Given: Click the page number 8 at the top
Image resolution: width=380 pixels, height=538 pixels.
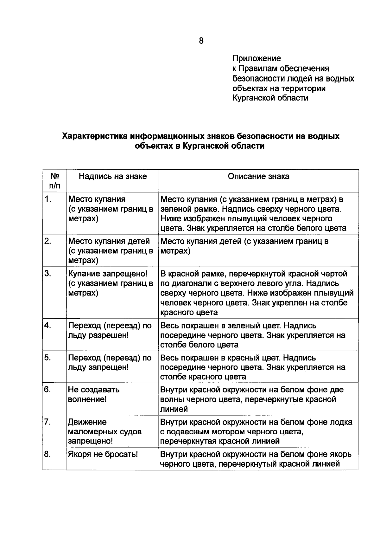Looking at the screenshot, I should pos(201,41).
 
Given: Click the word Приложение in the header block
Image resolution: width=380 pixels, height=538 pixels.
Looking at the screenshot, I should pos(256,58).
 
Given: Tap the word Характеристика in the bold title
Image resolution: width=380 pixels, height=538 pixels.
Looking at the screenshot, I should pos(94,136).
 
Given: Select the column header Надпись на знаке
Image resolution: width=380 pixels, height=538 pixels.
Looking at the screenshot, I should pos(113,176).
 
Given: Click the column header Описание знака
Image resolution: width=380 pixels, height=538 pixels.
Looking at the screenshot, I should pos(258,176).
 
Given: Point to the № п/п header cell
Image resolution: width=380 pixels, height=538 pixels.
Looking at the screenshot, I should pos(54,181).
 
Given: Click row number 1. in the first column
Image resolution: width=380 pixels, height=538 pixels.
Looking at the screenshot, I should pos(48,199).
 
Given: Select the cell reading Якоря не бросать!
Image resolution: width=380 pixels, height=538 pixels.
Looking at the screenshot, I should pos(103,454).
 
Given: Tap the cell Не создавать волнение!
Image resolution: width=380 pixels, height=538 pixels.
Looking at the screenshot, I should pos(94,394).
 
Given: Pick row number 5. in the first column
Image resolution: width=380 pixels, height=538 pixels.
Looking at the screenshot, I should pos(48,358).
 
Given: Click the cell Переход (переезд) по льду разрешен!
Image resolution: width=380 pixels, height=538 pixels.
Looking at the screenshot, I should pos(110,330).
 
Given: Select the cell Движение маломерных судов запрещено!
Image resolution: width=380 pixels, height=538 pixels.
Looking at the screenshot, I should pos(104,431).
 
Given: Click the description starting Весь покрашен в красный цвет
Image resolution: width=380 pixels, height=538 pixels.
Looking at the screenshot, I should pos(253,367).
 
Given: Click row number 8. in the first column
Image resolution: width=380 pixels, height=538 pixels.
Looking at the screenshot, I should pos(48,454).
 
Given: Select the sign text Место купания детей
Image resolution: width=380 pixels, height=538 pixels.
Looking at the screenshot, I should pos(109,241).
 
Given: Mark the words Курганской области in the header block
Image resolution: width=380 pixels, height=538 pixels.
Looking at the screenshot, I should pos(270,98).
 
